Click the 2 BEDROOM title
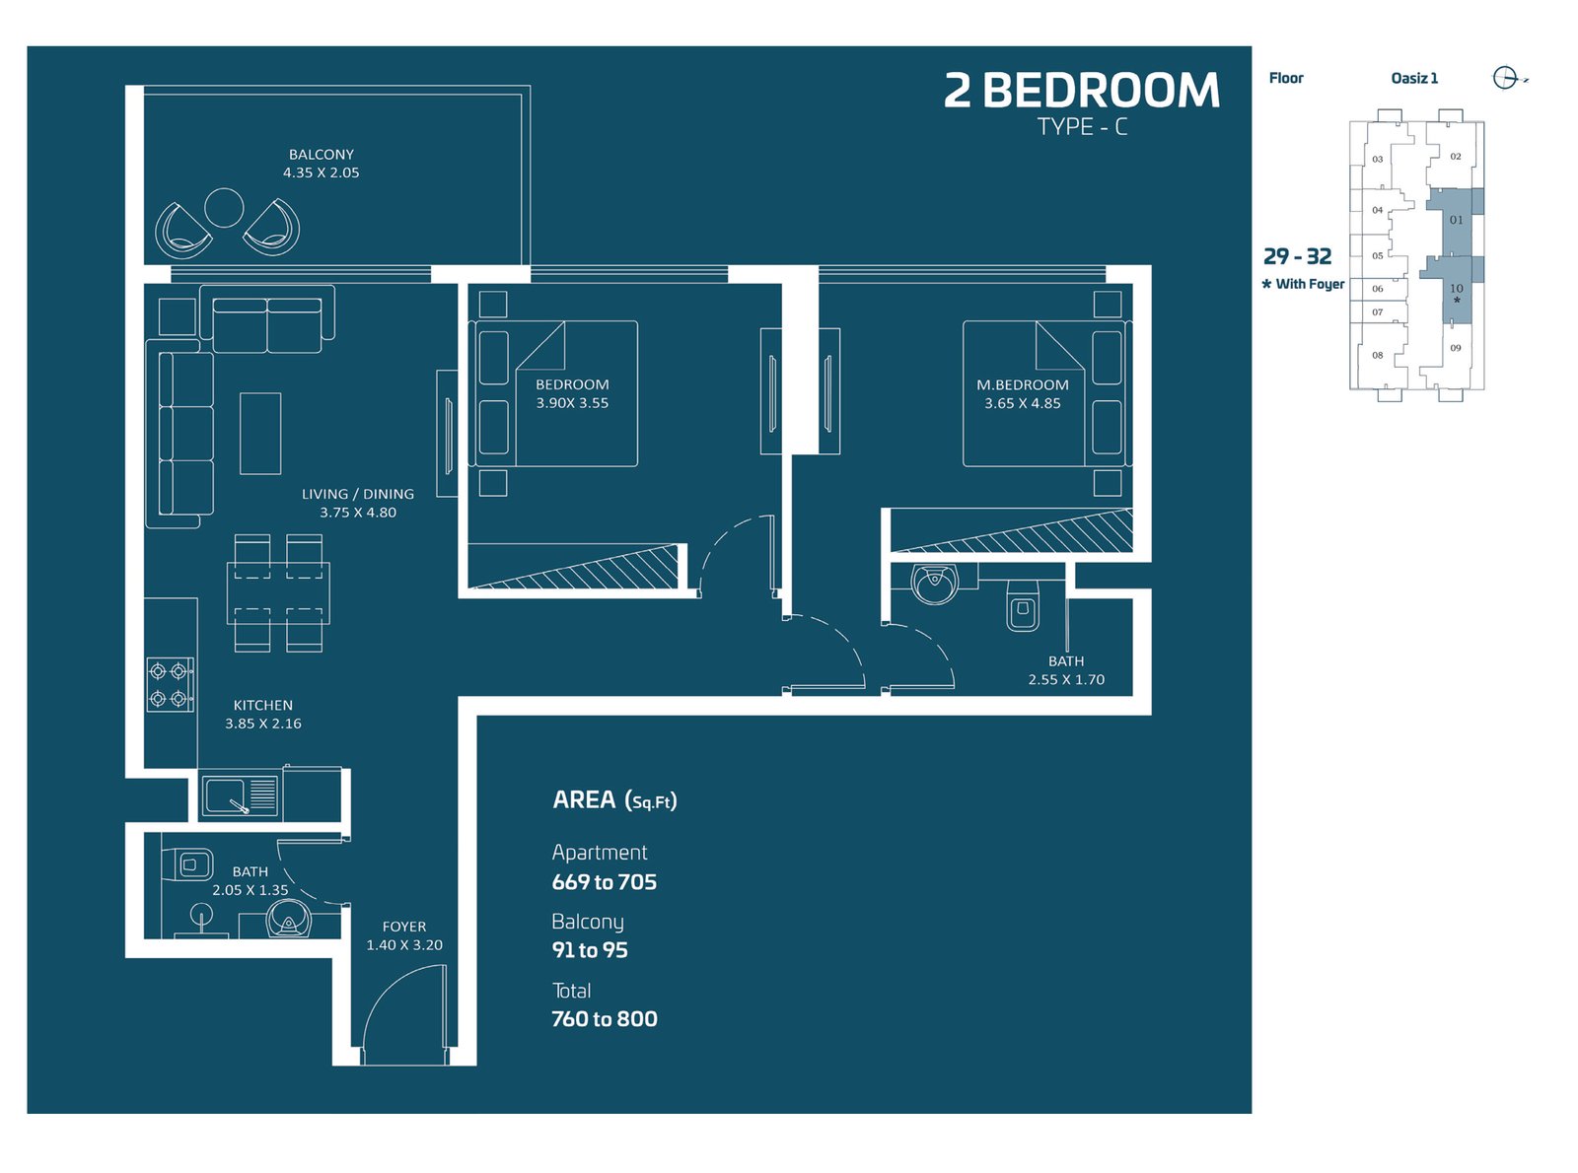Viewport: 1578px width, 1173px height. (x=1081, y=91)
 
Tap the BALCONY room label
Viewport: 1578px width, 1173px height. (x=321, y=155)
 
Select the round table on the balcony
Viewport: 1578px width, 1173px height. (x=224, y=208)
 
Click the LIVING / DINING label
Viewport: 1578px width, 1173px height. (x=357, y=494)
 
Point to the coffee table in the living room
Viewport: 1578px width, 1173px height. (x=260, y=433)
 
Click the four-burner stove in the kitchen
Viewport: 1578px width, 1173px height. (x=171, y=684)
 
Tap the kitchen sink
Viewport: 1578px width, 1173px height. (x=241, y=795)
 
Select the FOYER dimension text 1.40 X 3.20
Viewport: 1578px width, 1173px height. (x=404, y=944)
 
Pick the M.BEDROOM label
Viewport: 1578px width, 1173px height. (x=1023, y=384)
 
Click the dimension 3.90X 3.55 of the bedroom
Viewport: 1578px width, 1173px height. (x=572, y=402)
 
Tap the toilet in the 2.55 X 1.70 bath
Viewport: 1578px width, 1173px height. (x=1023, y=605)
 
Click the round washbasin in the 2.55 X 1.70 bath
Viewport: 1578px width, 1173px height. (x=934, y=584)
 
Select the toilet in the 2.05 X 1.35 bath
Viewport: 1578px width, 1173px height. (x=187, y=865)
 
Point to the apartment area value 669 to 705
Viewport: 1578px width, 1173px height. (x=604, y=882)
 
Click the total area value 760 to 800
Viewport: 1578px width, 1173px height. (x=604, y=1018)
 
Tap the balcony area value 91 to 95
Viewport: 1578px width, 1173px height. (x=590, y=950)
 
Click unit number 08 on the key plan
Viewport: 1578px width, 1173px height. (x=1378, y=355)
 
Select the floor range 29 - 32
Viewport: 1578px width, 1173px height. (x=1297, y=256)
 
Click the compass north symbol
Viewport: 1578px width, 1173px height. (x=1505, y=78)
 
